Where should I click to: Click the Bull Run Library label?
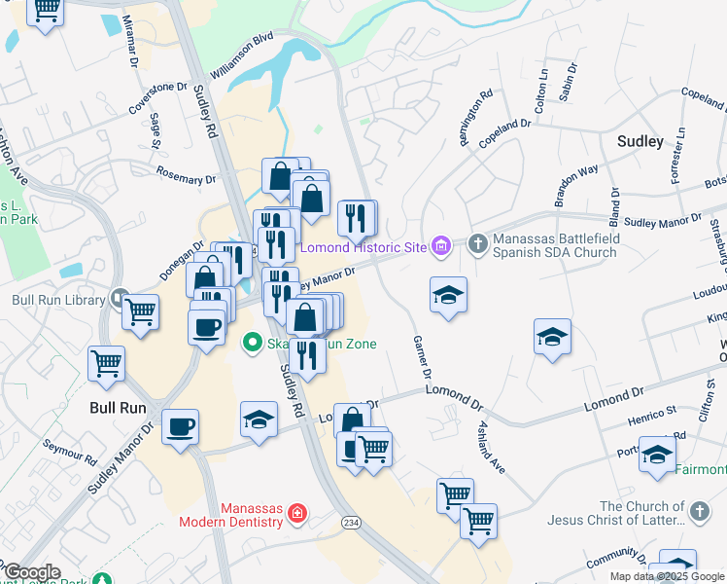[57, 299]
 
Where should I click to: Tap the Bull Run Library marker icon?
[119, 298]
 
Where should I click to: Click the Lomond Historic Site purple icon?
[441, 246]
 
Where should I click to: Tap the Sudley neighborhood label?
[640, 141]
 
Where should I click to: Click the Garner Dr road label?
[422, 359]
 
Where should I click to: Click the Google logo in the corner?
[32, 573]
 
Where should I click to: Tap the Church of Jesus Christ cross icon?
[698, 511]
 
